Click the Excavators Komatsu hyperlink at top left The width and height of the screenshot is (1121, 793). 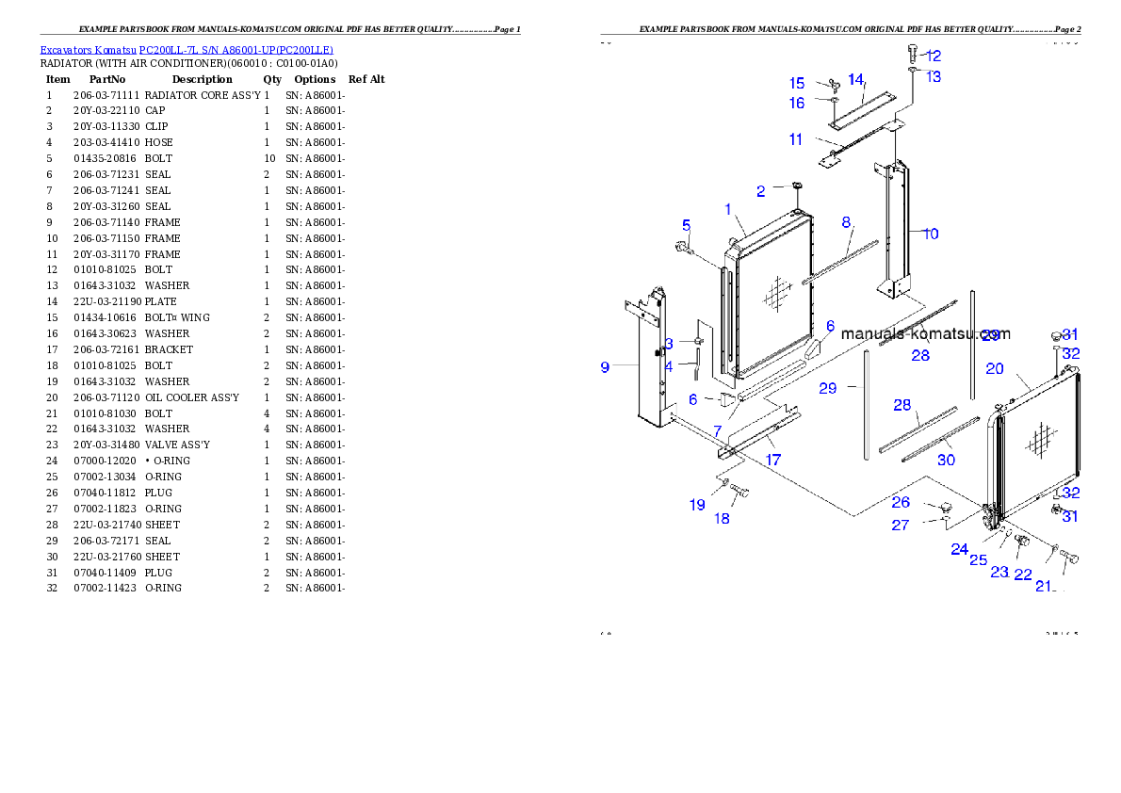(186, 49)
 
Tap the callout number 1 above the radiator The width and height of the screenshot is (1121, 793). (728, 208)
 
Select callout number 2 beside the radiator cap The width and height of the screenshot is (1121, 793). (761, 191)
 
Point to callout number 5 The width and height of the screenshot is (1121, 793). (687, 225)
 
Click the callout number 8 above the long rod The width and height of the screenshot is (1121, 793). (846, 222)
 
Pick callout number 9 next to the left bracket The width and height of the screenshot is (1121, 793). (605, 367)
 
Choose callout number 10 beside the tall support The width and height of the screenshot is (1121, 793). (931, 234)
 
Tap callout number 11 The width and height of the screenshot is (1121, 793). (796, 139)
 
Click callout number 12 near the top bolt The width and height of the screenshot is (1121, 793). (934, 56)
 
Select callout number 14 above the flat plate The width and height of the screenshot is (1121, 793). (855, 79)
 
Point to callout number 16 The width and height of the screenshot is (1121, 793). (797, 104)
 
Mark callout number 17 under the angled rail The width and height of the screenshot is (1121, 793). (772, 461)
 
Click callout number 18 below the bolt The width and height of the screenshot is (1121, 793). (723, 518)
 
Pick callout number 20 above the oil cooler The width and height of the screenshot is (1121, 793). (995, 369)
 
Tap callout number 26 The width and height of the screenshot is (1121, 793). (901, 503)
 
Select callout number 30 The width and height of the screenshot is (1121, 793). (946, 460)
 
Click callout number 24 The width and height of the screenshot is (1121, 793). (959, 549)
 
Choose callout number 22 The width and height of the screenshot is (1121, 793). (1023, 575)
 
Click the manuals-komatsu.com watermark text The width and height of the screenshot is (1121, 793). (925, 333)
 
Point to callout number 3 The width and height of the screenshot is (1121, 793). (669, 343)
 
